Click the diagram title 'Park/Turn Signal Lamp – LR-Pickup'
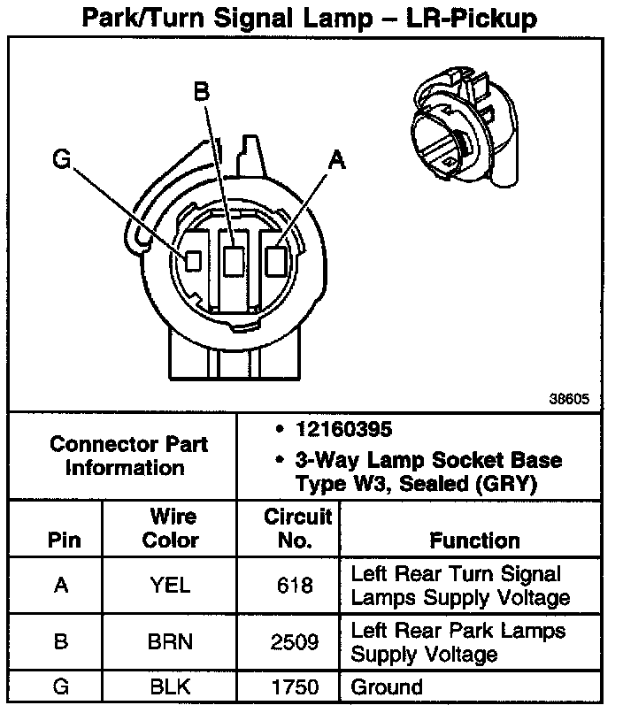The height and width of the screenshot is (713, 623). (309, 19)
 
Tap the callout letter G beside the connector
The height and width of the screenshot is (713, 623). (61, 159)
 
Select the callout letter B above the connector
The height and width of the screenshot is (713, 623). (202, 90)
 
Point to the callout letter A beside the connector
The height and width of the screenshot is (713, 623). (336, 161)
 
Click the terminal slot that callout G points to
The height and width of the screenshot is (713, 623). (194, 259)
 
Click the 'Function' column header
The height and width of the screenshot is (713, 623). (474, 540)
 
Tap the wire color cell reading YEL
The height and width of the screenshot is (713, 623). (171, 586)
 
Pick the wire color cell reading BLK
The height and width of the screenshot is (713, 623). (171, 686)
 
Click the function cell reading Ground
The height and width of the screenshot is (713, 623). (387, 686)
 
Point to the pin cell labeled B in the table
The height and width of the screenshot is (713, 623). (60, 641)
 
